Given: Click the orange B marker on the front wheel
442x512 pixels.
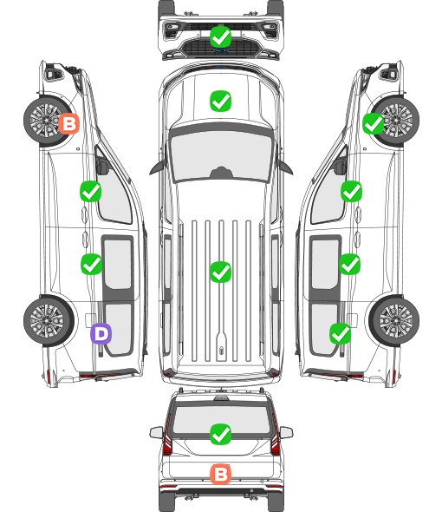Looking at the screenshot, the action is click(68, 123).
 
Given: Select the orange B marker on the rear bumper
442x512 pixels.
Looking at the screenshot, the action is click(220, 474).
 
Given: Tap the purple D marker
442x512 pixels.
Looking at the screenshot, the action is click(101, 333).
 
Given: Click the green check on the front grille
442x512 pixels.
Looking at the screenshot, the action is click(220, 36).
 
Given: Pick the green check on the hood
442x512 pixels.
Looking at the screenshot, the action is click(220, 101).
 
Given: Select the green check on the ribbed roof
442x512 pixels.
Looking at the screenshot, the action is click(220, 272).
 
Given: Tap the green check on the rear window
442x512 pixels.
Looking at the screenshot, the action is click(220, 434).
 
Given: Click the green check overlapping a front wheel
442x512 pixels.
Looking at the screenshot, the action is click(374, 123).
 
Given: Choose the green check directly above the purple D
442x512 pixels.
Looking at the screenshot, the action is click(91, 264).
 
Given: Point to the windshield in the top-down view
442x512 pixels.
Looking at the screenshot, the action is click(221, 155).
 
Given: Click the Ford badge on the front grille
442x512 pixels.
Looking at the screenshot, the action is click(220, 50).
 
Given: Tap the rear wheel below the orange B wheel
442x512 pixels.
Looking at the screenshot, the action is click(49, 321).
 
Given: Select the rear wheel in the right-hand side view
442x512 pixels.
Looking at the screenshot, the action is click(394, 321).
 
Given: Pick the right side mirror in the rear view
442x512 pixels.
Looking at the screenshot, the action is click(286, 432).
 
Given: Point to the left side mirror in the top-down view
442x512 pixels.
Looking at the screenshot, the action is click(158, 167).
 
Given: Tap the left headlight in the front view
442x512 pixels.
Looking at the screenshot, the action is click(172, 30).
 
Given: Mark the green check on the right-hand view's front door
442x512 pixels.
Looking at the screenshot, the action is click(351, 191).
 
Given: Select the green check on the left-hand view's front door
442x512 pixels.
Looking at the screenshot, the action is click(91, 191).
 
